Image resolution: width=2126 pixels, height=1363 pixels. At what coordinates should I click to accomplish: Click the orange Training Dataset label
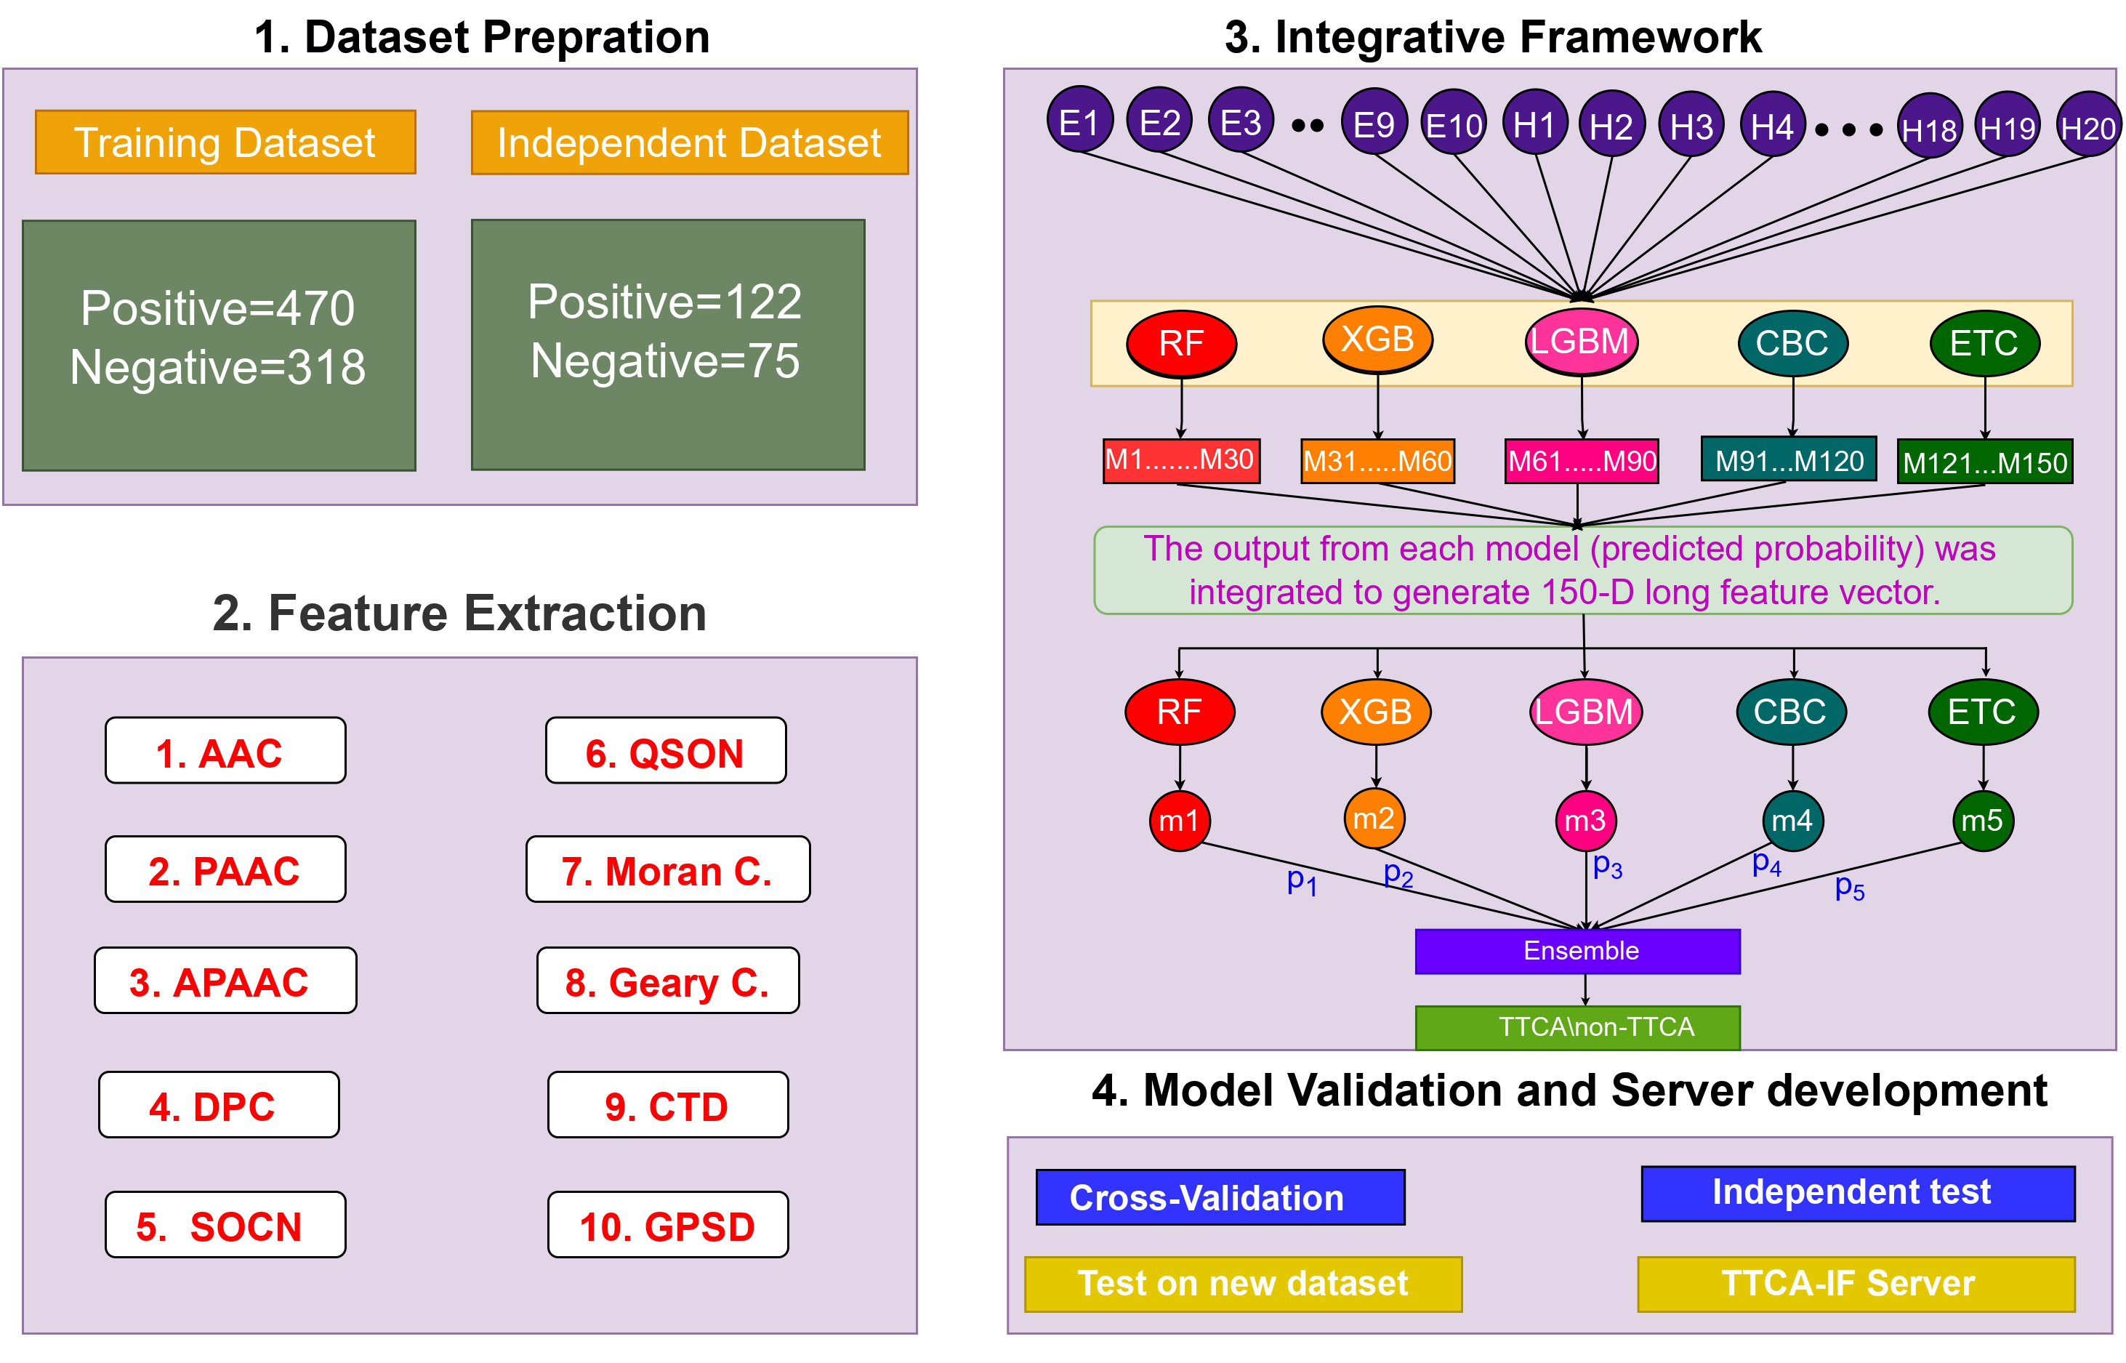tap(225, 142)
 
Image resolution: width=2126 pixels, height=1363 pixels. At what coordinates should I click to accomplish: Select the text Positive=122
tap(664, 302)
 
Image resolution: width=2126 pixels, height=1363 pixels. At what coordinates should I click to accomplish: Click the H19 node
tap(2007, 129)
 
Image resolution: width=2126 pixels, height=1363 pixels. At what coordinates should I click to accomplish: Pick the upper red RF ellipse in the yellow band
tap(1181, 343)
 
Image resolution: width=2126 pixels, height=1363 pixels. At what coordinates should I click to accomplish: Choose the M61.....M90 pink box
tap(1581, 461)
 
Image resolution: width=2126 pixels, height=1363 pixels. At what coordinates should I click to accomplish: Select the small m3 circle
tap(1585, 821)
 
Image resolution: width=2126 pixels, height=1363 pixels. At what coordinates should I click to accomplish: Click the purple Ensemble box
tap(1577, 951)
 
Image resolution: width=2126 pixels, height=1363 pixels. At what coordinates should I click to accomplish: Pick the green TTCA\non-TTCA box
tap(1577, 1026)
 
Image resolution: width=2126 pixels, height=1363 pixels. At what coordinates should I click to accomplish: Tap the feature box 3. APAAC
tap(225, 981)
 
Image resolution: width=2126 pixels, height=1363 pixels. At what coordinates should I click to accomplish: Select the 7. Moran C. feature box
tap(667, 870)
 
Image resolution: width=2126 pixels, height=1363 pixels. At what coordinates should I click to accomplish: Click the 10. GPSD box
tap(667, 1225)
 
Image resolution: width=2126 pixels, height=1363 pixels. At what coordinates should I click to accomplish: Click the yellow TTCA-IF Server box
tap(1856, 1283)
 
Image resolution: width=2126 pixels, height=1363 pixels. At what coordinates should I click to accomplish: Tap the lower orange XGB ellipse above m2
tap(1375, 712)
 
